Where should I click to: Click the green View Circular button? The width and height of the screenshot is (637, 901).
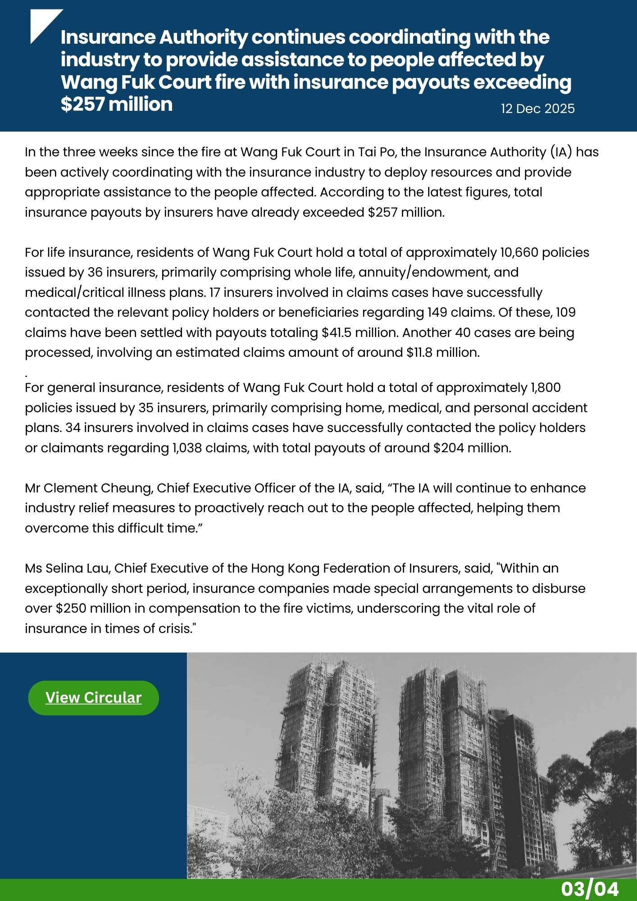click(93, 698)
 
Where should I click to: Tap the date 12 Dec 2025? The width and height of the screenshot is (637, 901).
click(538, 109)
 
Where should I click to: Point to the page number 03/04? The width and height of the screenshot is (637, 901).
click(590, 889)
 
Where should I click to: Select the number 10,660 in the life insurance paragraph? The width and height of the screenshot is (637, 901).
click(519, 252)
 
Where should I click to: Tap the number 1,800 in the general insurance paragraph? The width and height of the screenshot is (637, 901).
click(546, 387)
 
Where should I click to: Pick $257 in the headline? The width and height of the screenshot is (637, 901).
click(82, 105)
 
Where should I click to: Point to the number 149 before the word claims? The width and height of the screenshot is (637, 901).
click(437, 312)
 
